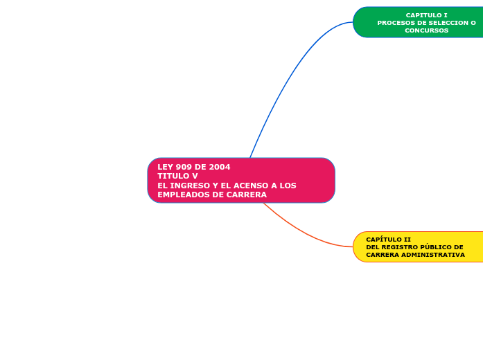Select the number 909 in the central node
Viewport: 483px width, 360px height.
(184, 167)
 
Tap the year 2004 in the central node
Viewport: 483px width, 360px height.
(220, 167)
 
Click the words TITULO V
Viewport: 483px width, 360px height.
(177, 176)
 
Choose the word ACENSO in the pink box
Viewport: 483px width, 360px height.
(253, 186)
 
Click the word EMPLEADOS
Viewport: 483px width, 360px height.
(182, 195)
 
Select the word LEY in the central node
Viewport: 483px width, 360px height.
(165, 167)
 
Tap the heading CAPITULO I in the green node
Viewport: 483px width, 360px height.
(426, 15)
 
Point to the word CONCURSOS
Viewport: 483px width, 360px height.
(426, 30)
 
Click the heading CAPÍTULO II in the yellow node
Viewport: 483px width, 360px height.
(388, 240)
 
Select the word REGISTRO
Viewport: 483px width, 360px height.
(398, 247)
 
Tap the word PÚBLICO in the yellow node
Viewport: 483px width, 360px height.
(432, 247)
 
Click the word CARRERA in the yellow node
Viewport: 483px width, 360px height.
(380, 255)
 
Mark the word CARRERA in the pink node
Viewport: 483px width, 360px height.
(247, 195)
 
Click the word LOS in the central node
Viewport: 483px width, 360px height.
(288, 186)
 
